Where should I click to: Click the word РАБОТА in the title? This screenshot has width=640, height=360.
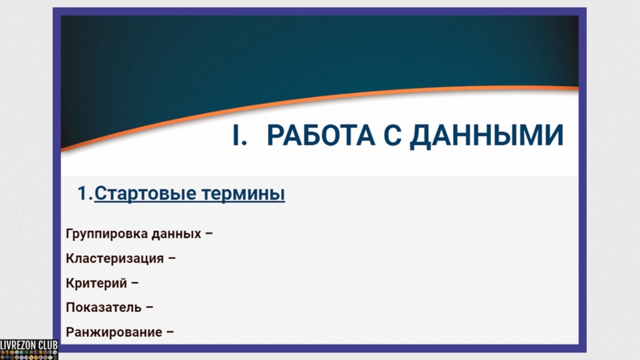click(321, 136)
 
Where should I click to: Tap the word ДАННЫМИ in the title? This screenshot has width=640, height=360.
click(486, 136)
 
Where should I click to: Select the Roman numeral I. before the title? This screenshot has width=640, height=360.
click(239, 136)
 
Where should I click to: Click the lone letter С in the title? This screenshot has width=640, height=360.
click(392, 136)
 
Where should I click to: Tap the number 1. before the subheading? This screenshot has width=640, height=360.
click(85, 194)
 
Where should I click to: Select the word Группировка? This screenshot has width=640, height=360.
click(106, 234)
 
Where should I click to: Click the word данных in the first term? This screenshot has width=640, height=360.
click(176, 234)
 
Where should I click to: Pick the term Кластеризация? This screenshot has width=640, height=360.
click(115, 259)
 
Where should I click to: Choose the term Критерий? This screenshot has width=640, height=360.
click(96, 283)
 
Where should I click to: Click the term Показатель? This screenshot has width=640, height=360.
click(104, 307)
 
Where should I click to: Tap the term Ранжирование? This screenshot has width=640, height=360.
click(114, 332)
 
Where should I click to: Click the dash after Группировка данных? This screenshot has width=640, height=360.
click(209, 234)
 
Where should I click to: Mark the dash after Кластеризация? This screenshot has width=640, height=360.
click(172, 258)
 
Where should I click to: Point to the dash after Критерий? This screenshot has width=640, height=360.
click(135, 283)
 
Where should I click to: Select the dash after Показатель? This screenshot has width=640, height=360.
click(149, 307)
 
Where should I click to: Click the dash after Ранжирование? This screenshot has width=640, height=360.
click(170, 332)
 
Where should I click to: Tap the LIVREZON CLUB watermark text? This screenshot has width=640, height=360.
click(29, 345)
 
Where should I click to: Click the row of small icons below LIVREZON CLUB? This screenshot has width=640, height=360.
click(29, 355)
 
